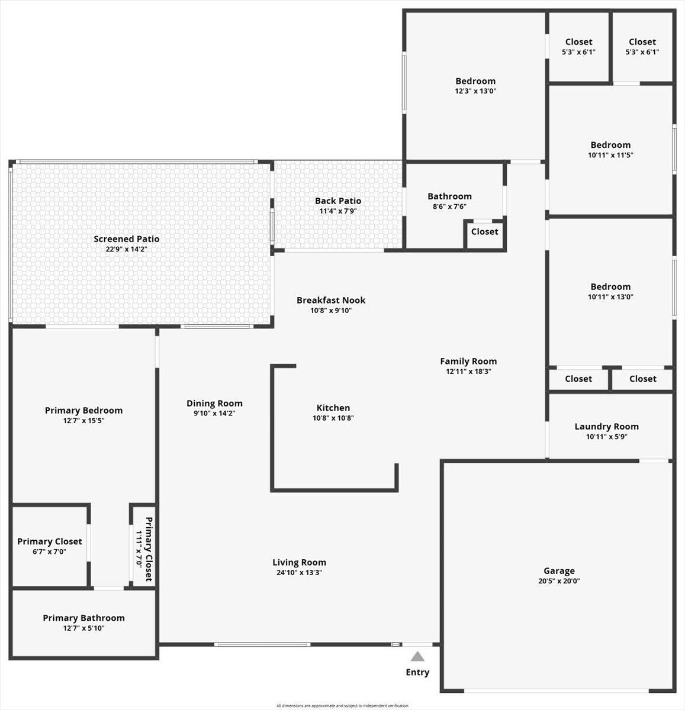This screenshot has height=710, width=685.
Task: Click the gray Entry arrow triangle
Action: pyautogui.click(x=417, y=656)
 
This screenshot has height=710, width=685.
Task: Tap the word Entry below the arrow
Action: pyautogui.click(x=417, y=672)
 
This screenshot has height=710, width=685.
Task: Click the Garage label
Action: pyautogui.click(x=559, y=571)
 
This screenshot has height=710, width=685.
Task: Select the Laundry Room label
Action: pyautogui.click(x=606, y=427)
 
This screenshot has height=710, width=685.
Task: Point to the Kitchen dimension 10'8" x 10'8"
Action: pyautogui.click(x=333, y=418)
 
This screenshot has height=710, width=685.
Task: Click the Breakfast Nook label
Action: pyautogui.click(x=331, y=300)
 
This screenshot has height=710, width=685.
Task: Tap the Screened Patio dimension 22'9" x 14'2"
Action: pyautogui.click(x=126, y=250)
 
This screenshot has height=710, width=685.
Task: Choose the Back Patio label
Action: pyautogui.click(x=338, y=201)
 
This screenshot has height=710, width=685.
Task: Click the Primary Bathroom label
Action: pyautogui.click(x=83, y=618)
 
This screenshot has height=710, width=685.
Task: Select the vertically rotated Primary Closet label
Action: pyautogui.click(x=149, y=549)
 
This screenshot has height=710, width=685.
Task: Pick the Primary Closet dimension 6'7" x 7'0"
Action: pyautogui.click(x=50, y=551)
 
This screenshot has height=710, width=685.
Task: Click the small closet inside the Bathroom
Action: pyautogui.click(x=484, y=232)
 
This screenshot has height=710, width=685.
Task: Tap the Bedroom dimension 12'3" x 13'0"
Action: pyautogui.click(x=475, y=92)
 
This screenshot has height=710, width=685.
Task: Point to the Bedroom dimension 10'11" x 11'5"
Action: pyautogui.click(x=610, y=155)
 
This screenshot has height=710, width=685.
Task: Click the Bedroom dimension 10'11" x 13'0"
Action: pyautogui.click(x=610, y=297)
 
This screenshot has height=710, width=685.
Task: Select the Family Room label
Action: pyautogui.click(x=468, y=361)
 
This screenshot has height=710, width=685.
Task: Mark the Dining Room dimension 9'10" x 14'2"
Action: pyautogui.click(x=214, y=414)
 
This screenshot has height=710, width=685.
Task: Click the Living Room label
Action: pyautogui.click(x=299, y=562)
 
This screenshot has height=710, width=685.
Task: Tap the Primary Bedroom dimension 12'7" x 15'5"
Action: pyautogui.click(x=83, y=421)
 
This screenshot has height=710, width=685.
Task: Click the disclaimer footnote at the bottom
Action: pyautogui.click(x=342, y=705)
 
